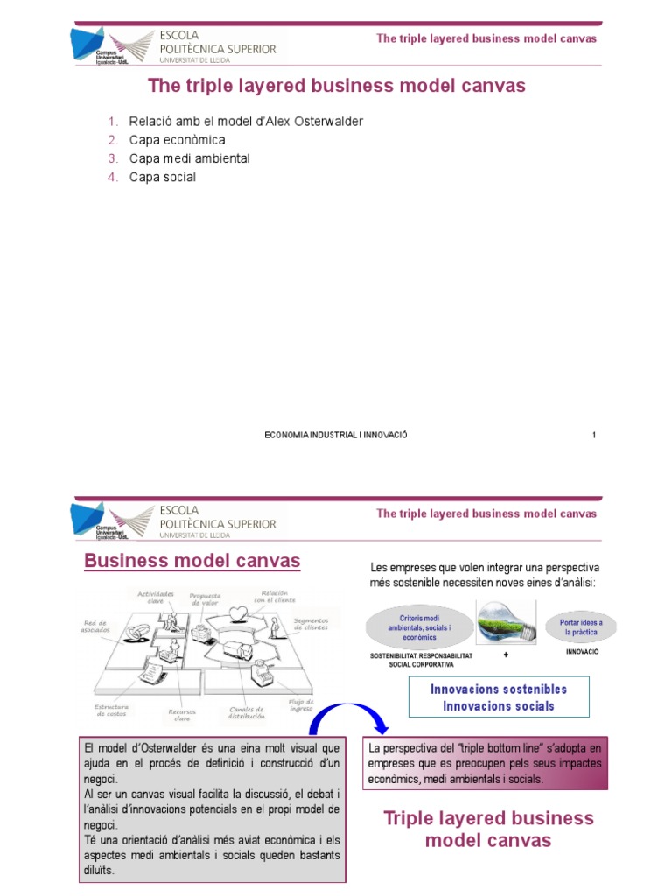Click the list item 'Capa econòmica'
pyautogui.click(x=177, y=140)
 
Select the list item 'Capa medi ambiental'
pyautogui.click(x=189, y=158)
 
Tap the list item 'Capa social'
pyautogui.click(x=163, y=177)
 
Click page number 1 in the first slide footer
pyautogui.click(x=594, y=435)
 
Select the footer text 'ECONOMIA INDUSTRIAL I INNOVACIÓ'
pyautogui.click(x=336, y=435)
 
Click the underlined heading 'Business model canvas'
pyautogui.click(x=192, y=561)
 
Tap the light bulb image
pyautogui.click(x=507, y=625)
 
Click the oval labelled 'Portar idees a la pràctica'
pyautogui.click(x=581, y=626)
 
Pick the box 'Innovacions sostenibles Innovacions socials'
pyautogui.click(x=499, y=697)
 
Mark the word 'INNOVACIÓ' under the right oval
pyautogui.click(x=581, y=652)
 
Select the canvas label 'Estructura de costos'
pyautogui.click(x=111, y=710)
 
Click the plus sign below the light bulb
pyautogui.click(x=507, y=654)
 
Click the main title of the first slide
pyautogui.click(x=337, y=86)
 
